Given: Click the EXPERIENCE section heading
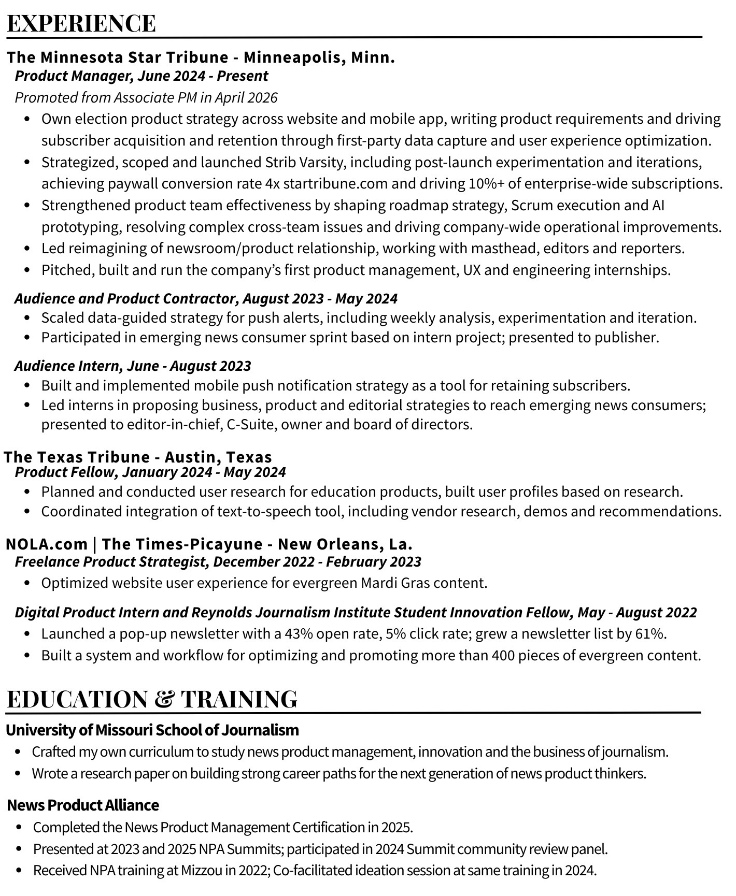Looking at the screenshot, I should tap(81, 24).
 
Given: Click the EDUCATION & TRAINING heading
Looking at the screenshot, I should tap(152, 699).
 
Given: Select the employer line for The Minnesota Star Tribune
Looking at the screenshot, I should tap(201, 57).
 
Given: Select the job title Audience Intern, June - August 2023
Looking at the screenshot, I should tap(133, 366).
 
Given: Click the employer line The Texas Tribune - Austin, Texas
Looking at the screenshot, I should tap(138, 457).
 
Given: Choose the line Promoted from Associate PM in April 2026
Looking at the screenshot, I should tap(146, 98).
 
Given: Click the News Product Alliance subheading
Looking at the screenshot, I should tap(83, 805).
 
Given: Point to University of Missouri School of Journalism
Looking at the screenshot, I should tap(152, 730).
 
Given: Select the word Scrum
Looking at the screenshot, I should tap(530, 206).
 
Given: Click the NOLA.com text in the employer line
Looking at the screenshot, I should tap(47, 544).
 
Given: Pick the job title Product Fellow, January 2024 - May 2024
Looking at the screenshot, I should tap(150, 472).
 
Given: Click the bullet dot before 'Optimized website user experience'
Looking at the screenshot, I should tap(27, 584).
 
